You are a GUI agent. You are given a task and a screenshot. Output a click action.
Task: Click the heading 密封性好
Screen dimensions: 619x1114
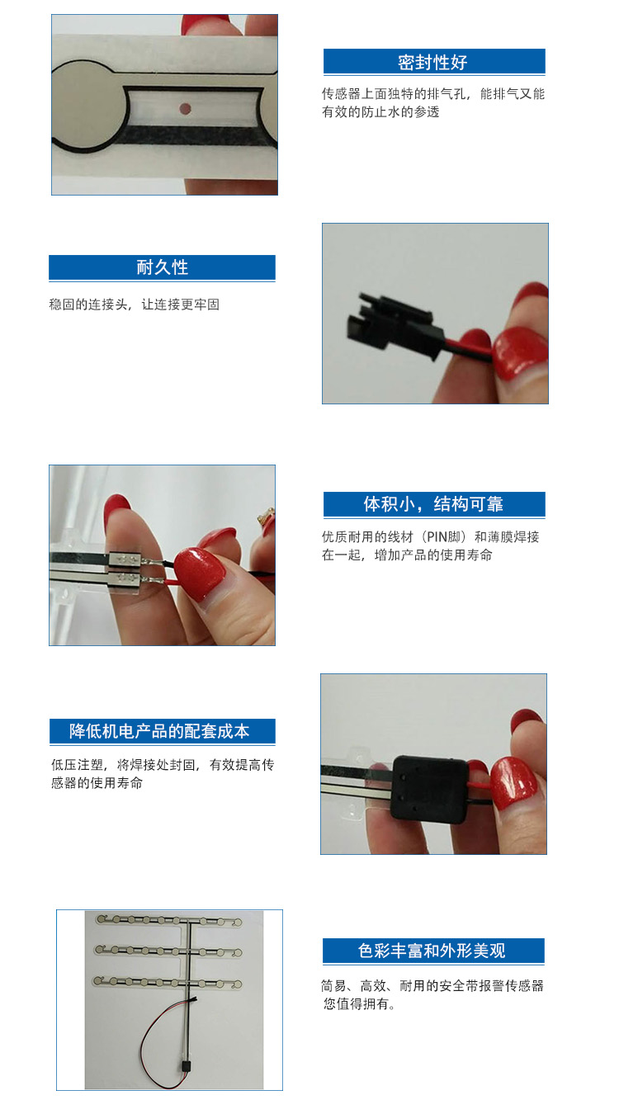click(432, 63)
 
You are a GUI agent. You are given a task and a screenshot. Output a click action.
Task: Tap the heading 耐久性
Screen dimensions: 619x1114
click(163, 267)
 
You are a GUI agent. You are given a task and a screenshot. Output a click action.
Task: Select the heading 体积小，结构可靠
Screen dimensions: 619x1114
click(433, 504)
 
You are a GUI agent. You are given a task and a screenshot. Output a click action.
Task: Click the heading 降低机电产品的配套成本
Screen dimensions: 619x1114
click(159, 731)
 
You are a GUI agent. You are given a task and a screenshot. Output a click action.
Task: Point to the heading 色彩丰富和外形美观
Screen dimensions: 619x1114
click(432, 951)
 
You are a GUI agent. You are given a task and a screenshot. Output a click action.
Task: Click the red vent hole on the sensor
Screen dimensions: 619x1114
click(185, 108)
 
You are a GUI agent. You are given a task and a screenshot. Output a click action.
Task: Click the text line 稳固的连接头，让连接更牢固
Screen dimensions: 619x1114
click(135, 304)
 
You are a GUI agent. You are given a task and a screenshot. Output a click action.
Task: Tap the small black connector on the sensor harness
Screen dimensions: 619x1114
click(186, 1068)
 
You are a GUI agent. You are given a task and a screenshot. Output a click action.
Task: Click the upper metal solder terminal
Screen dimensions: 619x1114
click(125, 560)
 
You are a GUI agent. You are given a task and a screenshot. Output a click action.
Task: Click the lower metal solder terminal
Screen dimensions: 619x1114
click(125, 578)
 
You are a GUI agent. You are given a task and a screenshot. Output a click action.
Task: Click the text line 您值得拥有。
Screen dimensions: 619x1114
click(360, 1004)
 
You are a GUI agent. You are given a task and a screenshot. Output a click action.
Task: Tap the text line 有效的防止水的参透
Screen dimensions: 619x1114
click(380, 112)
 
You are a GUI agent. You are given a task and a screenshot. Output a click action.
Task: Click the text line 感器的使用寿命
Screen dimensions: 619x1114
click(97, 783)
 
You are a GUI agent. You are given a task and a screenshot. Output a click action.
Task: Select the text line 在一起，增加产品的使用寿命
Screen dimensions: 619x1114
click(407, 555)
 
